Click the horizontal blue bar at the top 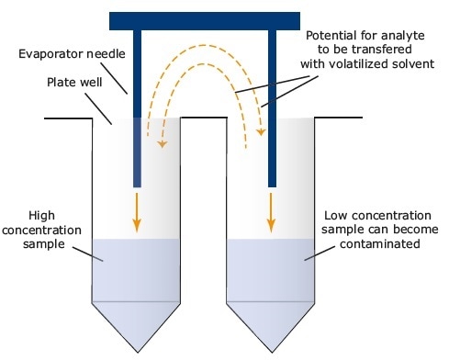(204, 20)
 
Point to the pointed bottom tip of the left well (137, 352)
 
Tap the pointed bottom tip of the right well (272, 352)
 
